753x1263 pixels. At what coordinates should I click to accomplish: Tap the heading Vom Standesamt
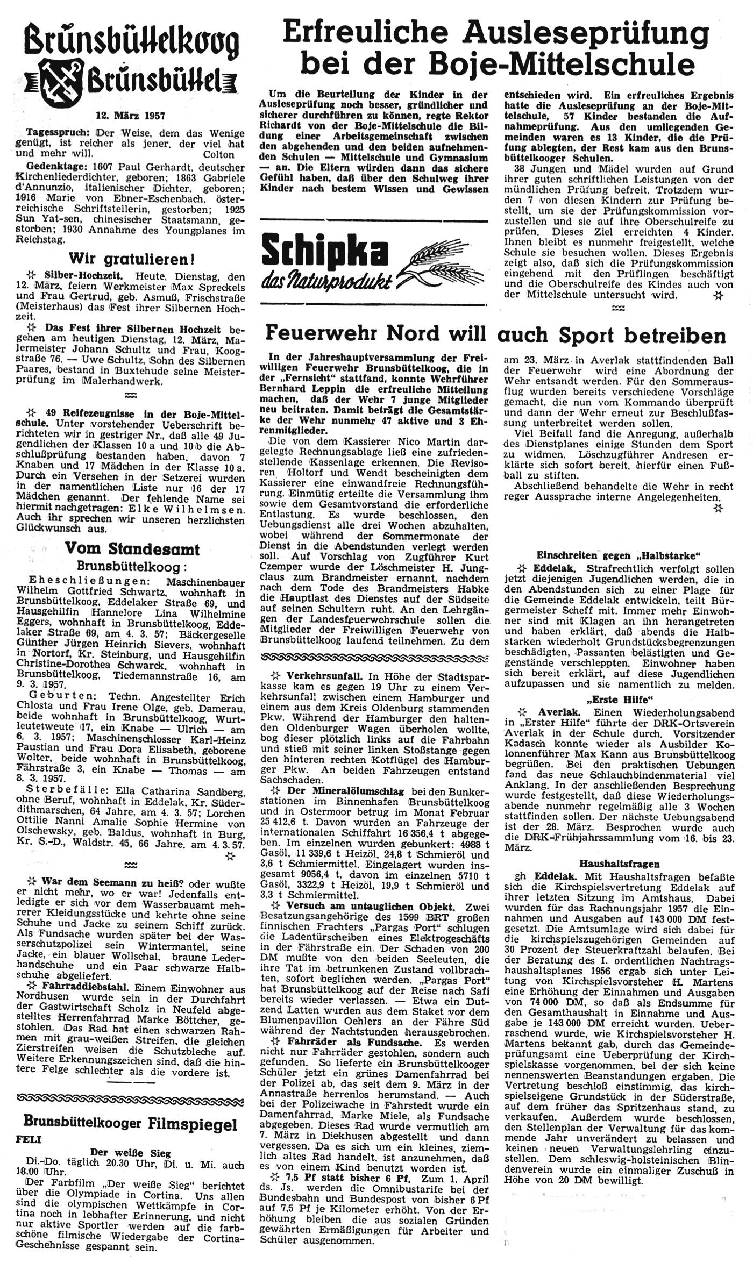click(x=132, y=550)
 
